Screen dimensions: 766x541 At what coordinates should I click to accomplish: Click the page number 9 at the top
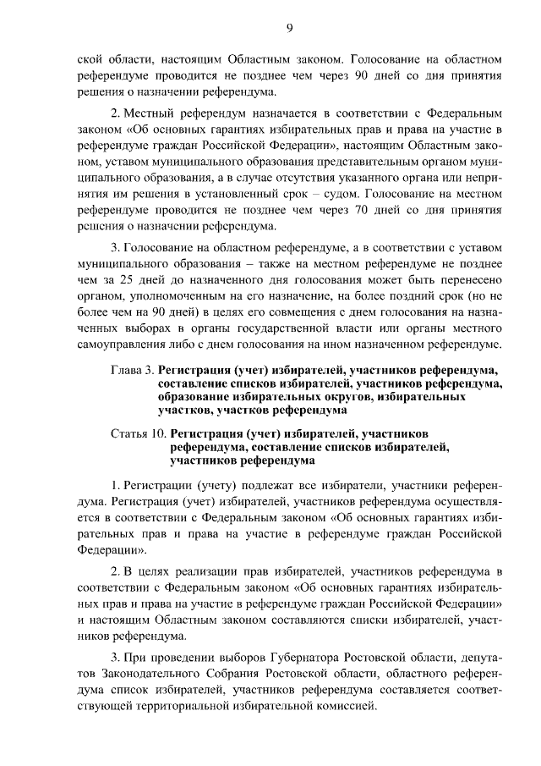[x=289, y=28]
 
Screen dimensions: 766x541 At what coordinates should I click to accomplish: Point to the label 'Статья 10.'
[x=139, y=433]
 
